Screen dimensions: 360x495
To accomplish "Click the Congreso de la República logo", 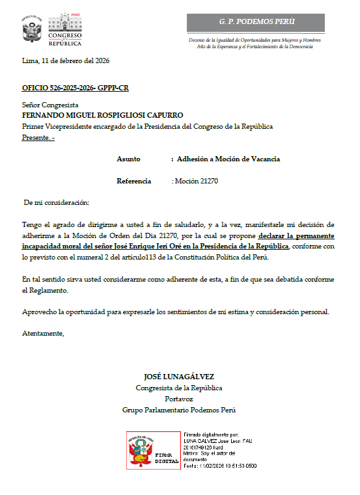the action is click(x=64, y=28).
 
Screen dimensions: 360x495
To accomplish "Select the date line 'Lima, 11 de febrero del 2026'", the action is click(x=65, y=61).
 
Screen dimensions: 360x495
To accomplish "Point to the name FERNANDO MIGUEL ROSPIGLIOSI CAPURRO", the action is click(x=102, y=115).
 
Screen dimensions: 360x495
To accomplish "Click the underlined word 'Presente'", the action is click(x=36, y=137).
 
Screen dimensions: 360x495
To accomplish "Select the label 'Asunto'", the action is click(x=128, y=159).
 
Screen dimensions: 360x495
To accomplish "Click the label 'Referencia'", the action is click(x=133, y=181).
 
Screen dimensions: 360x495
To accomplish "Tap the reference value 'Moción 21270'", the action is click(x=196, y=181).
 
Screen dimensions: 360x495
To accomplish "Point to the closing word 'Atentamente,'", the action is click(x=44, y=333).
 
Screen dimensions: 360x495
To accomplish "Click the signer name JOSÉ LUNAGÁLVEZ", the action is click(x=178, y=377).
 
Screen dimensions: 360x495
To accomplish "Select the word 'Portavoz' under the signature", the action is click(x=178, y=399).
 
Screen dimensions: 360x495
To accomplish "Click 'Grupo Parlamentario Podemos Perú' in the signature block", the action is click(x=178, y=410).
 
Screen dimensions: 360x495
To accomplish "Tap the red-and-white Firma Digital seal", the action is click(x=153, y=450).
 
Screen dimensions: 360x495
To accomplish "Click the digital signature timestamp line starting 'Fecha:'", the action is click(x=220, y=466).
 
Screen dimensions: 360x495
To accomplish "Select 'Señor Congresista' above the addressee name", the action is click(x=50, y=105).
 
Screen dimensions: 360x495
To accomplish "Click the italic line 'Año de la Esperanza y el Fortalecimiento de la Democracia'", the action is click(x=254, y=47).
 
